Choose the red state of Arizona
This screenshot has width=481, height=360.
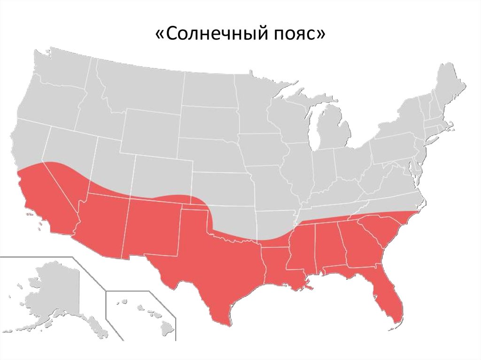pyautogui.click(x=101, y=225)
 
